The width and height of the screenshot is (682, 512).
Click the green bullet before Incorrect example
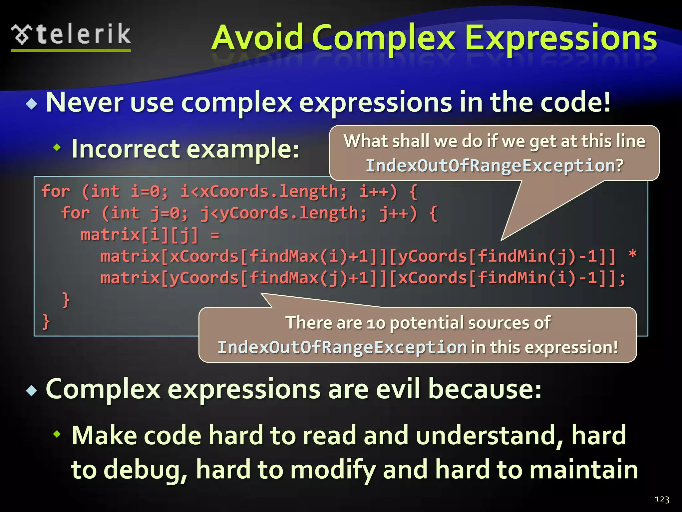coord(57,147)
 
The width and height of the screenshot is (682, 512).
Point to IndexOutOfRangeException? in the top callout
coord(494,166)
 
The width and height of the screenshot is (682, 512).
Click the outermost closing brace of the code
coord(46,322)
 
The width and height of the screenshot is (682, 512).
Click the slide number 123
coord(661,499)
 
